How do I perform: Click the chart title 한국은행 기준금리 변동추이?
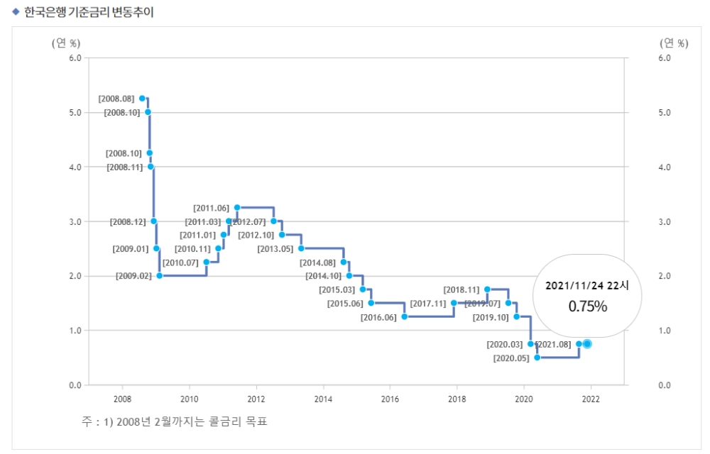click(x=89, y=12)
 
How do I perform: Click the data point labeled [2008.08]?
click(x=142, y=99)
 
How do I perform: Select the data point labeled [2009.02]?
click(x=159, y=275)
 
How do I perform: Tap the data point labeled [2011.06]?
click(x=236, y=208)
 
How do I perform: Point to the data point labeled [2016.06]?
click(x=404, y=316)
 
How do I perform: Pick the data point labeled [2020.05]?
click(x=537, y=358)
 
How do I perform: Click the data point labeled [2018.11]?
click(x=487, y=289)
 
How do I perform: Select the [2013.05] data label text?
click(x=275, y=248)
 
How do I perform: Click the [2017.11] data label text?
click(x=428, y=304)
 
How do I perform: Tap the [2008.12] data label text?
click(x=128, y=222)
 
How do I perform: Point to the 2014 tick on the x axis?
click(x=323, y=399)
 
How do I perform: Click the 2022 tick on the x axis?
click(x=591, y=399)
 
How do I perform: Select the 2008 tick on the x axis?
click(x=122, y=399)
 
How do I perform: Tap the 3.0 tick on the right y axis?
click(x=665, y=222)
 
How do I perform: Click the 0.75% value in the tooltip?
click(x=587, y=306)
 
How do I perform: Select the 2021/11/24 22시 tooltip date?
click(x=587, y=285)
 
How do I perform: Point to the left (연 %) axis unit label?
click(x=66, y=43)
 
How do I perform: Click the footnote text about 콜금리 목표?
click(x=174, y=422)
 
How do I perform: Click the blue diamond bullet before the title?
click(x=16, y=12)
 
